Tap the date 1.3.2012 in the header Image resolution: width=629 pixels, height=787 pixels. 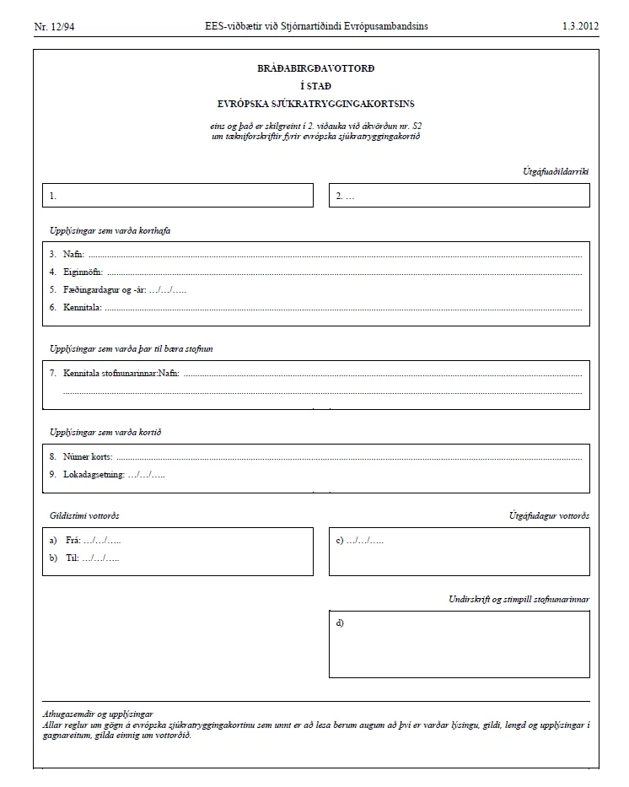click(580, 26)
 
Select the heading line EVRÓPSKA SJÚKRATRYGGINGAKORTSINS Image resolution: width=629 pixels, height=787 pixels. click(315, 104)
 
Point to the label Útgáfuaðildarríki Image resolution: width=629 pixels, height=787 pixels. click(556, 171)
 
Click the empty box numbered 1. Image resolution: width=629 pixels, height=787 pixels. click(177, 196)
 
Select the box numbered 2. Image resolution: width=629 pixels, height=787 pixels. click(459, 196)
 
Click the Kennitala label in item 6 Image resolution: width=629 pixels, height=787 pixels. click(82, 307)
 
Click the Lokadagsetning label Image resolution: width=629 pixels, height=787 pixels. click(94, 474)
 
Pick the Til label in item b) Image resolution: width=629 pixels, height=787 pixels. click(70, 558)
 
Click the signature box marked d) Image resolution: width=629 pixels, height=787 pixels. click(459, 644)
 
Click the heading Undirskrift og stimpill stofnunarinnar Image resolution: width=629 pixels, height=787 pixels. click(518, 599)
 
